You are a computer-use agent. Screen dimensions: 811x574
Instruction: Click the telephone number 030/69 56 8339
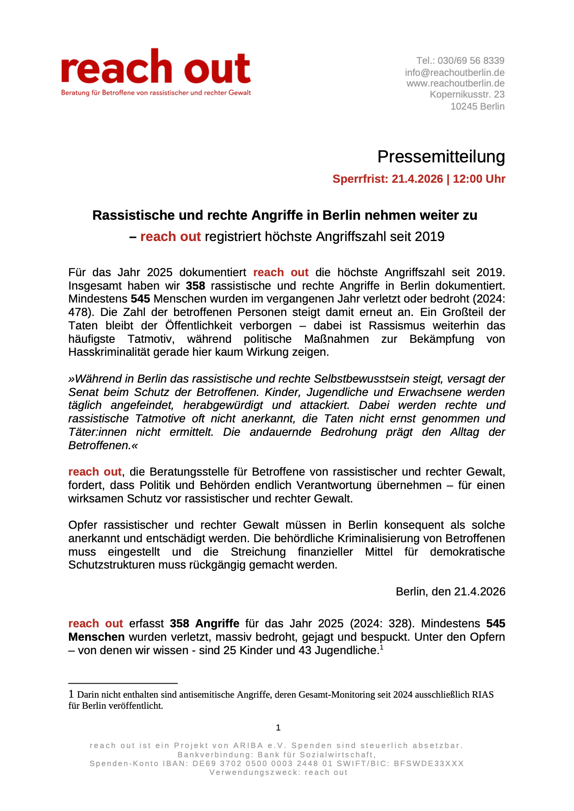click(x=471, y=61)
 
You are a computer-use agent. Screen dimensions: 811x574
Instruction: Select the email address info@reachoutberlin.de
click(x=455, y=73)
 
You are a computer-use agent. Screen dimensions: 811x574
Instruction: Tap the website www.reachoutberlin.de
click(x=455, y=83)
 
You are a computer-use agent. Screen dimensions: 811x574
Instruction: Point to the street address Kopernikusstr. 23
click(x=467, y=94)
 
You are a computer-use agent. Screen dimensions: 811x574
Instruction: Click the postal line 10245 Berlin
click(x=477, y=106)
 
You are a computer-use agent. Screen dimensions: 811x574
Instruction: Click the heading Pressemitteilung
click(x=441, y=157)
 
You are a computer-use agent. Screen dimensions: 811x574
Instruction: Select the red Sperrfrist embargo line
click(x=418, y=179)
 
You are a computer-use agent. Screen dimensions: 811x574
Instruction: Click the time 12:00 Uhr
click(x=479, y=179)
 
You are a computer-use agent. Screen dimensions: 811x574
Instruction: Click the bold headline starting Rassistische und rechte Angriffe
click(x=285, y=215)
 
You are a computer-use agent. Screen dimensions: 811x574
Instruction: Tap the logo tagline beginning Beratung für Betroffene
click(x=156, y=93)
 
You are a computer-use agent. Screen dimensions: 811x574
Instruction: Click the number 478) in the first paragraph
click(x=78, y=312)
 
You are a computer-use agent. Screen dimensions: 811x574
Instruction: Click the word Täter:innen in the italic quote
click(x=97, y=432)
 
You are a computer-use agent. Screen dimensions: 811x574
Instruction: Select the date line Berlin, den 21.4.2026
click(x=450, y=592)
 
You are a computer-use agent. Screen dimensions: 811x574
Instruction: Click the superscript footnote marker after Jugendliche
click(x=381, y=647)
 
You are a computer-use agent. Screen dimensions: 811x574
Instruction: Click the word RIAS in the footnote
click(x=482, y=694)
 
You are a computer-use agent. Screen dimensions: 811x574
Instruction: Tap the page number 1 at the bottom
click(x=278, y=728)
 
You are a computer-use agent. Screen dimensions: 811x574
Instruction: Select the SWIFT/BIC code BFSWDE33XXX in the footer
click(x=429, y=763)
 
